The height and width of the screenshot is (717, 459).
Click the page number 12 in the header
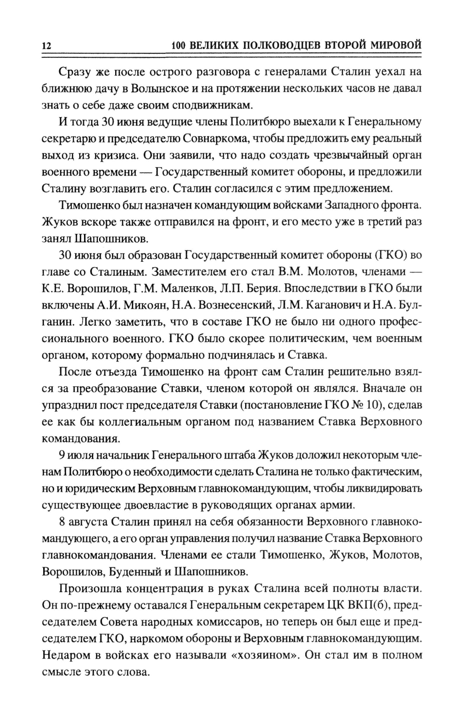(46, 46)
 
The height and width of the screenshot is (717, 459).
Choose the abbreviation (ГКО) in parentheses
(392, 255)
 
